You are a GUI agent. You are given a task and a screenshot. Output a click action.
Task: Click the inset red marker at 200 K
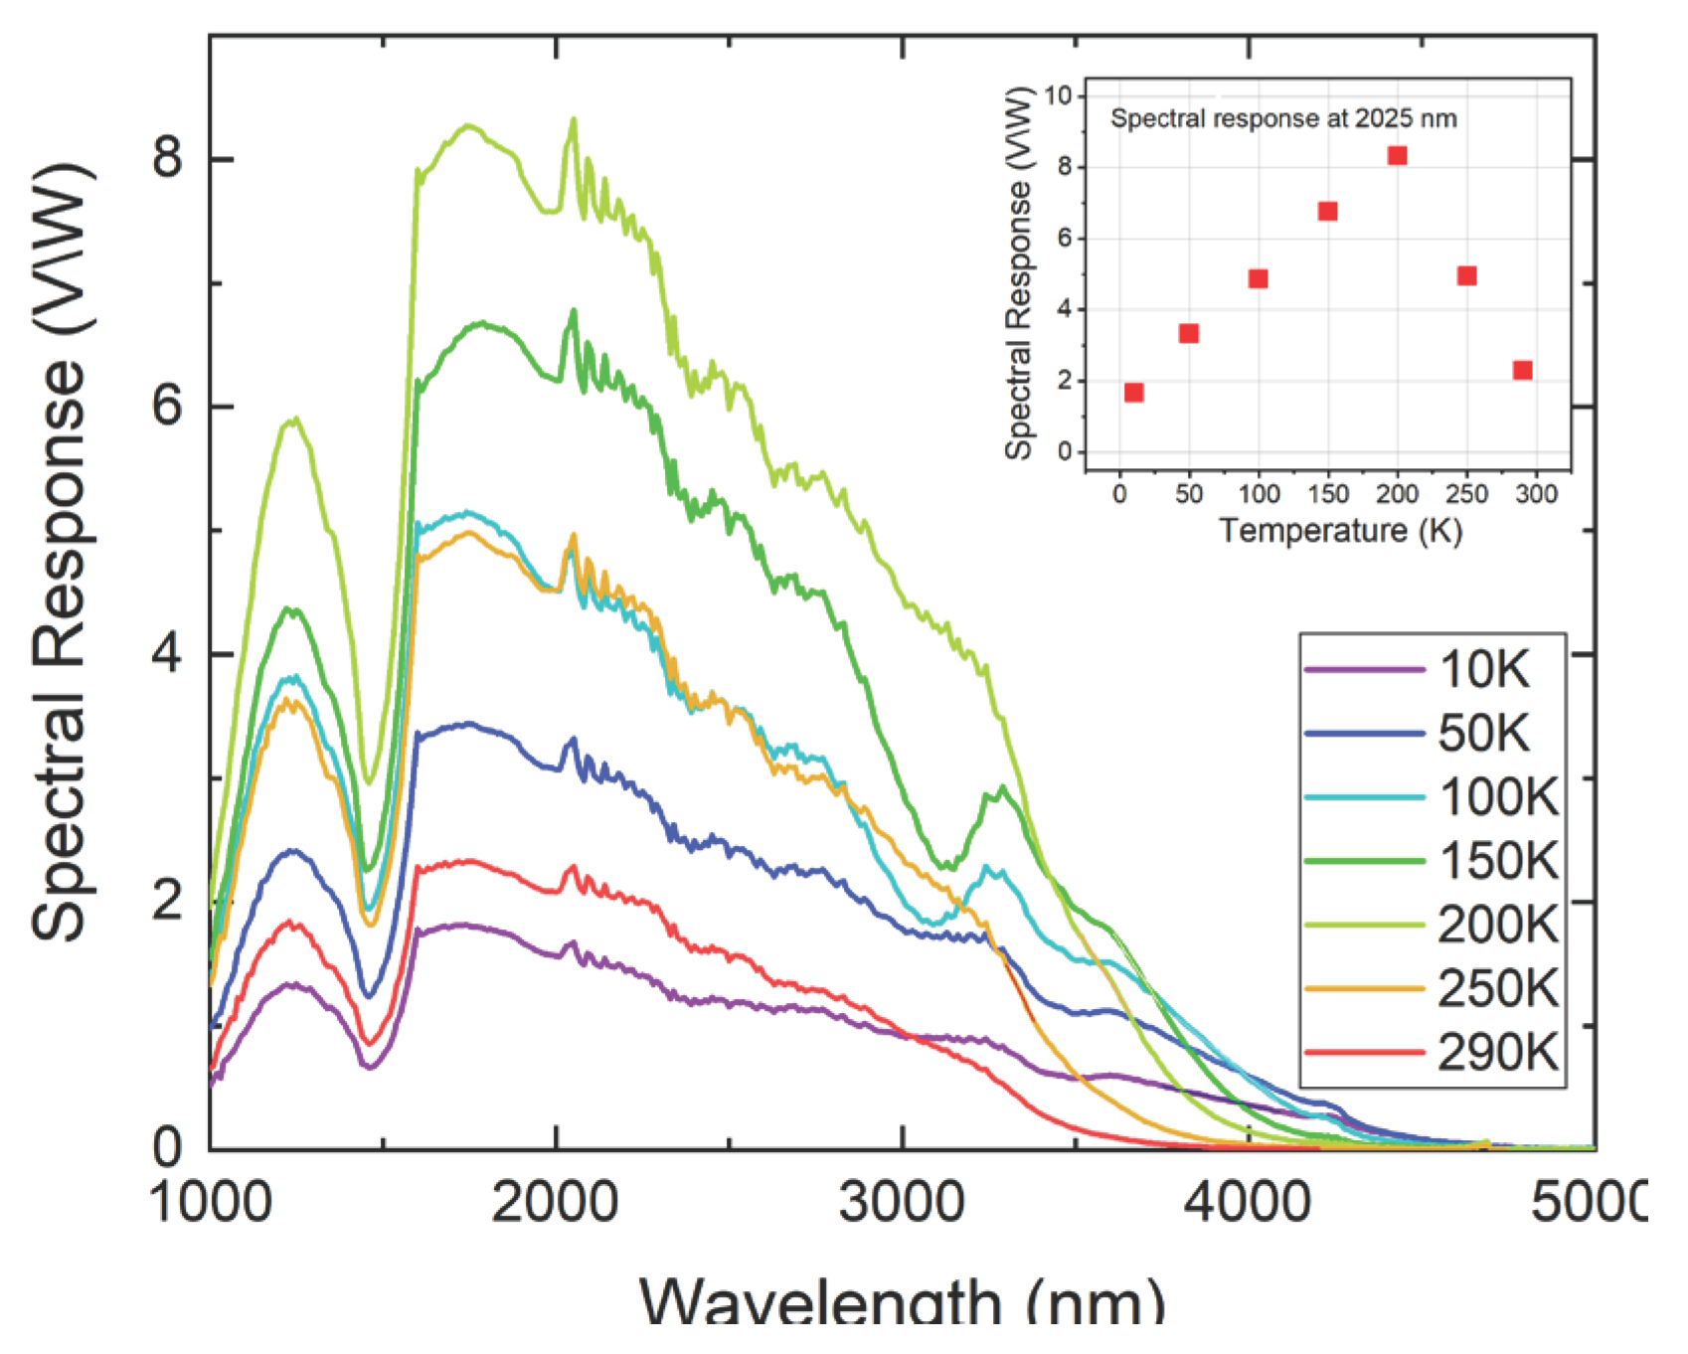point(1397,155)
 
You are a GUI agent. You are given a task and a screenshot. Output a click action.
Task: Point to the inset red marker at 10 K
point(1134,393)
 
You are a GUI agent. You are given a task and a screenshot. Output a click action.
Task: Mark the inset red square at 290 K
point(1522,370)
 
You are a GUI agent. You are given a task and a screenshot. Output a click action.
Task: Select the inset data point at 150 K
point(1327,211)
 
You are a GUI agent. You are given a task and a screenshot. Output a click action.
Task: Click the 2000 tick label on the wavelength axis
point(555,1203)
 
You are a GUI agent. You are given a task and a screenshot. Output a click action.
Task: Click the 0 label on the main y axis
point(167,1147)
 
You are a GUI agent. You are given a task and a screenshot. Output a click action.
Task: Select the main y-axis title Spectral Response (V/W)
point(62,552)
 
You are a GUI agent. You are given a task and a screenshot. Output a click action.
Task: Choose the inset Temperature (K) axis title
point(1340,531)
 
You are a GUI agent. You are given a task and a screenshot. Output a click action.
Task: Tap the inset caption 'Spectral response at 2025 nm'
point(1283,118)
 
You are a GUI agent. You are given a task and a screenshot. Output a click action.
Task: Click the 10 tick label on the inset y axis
point(1058,95)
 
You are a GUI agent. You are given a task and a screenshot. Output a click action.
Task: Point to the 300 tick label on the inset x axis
point(1536,494)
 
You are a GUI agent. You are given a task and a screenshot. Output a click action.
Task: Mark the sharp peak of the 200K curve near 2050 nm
point(573,120)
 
